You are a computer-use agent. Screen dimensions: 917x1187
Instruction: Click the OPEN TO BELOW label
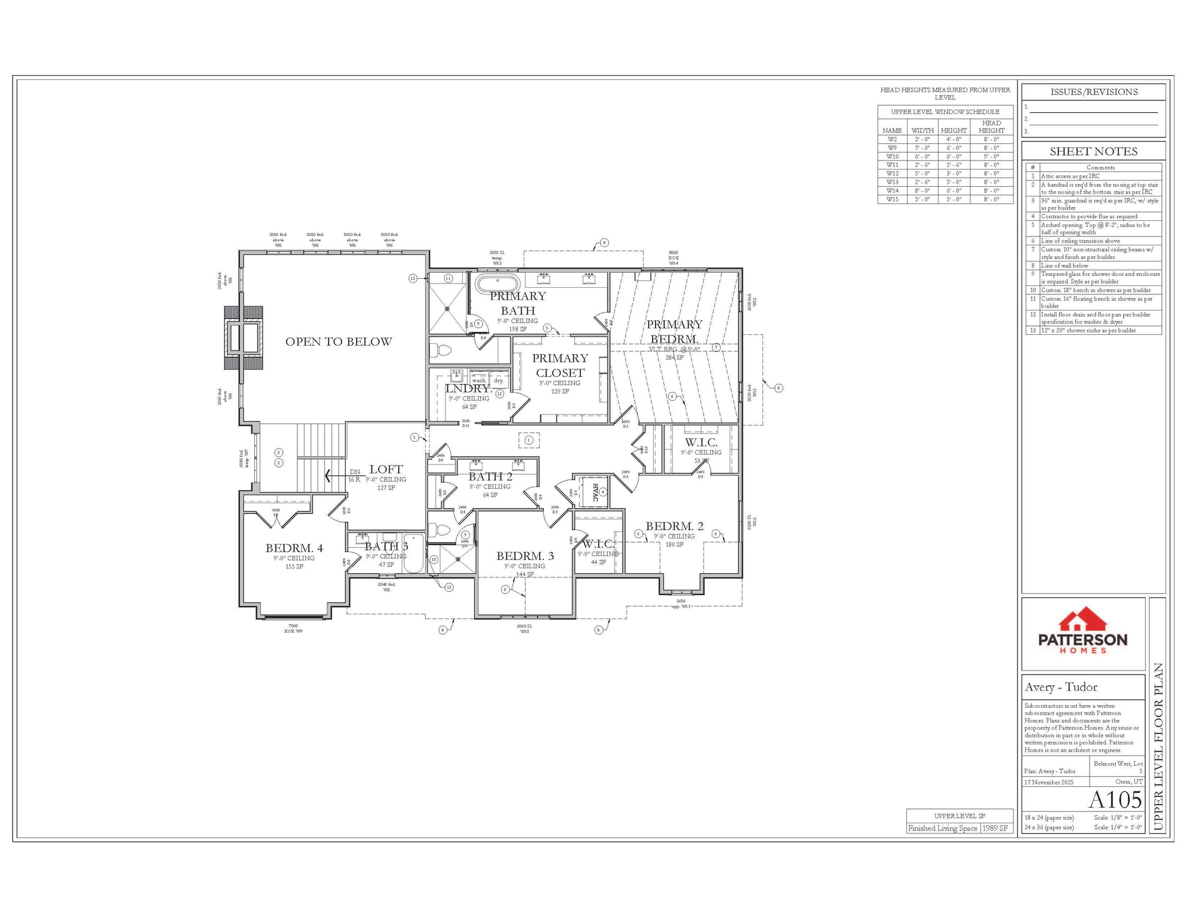339,342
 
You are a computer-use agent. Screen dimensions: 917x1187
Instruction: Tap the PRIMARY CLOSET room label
560,365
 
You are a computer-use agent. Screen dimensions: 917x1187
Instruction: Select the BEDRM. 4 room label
294,548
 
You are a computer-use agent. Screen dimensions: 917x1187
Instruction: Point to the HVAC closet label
595,493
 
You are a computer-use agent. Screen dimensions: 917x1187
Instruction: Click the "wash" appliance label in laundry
479,380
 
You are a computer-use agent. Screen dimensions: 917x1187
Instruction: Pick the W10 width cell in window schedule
922,156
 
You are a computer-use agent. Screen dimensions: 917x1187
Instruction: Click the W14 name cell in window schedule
892,191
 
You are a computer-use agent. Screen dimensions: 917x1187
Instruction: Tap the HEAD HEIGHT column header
991,127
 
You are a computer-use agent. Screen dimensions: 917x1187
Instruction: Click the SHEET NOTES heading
1093,152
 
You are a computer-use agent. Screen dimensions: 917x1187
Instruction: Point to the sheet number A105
1115,800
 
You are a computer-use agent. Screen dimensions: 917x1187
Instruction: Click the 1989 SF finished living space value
995,829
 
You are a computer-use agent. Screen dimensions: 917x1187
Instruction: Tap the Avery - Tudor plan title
1061,687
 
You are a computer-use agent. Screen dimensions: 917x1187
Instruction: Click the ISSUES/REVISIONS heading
1093,92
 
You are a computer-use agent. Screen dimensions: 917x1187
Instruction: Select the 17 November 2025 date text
1048,782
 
